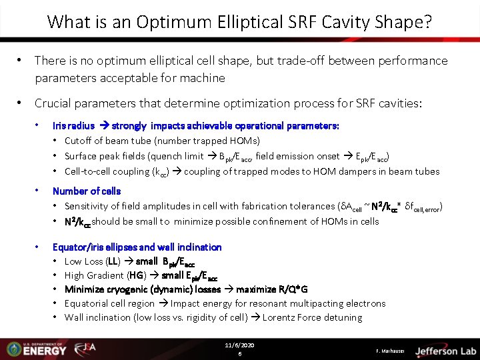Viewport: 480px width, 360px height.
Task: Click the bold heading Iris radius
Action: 73,125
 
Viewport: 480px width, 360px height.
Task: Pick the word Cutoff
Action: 79,141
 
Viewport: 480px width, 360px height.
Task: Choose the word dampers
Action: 351,171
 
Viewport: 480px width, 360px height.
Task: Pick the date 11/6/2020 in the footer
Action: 240,345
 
